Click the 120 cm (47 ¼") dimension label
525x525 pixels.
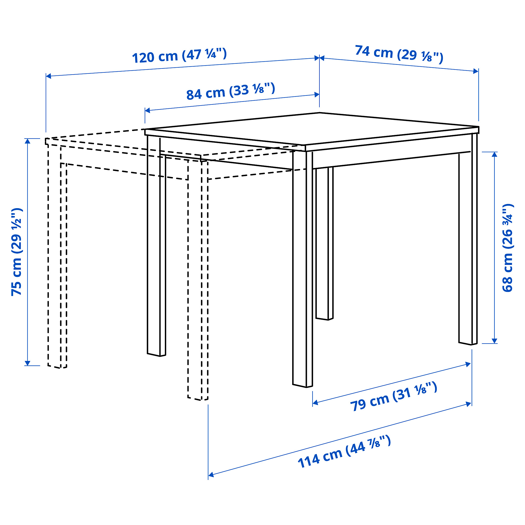(x=179, y=56)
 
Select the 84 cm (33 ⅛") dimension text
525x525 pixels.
(x=231, y=91)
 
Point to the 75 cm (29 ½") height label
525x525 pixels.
(x=17, y=252)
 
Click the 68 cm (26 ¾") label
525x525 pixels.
(x=507, y=248)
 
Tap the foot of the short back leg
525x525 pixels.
(x=324, y=318)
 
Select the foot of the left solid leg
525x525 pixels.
(x=156, y=355)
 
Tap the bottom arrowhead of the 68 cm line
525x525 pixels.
(x=494, y=341)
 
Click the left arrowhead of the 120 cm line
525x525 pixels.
(x=48, y=76)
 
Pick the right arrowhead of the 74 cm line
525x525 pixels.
(x=476, y=71)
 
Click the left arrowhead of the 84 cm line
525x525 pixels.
(x=147, y=110)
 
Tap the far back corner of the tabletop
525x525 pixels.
(x=319, y=113)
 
